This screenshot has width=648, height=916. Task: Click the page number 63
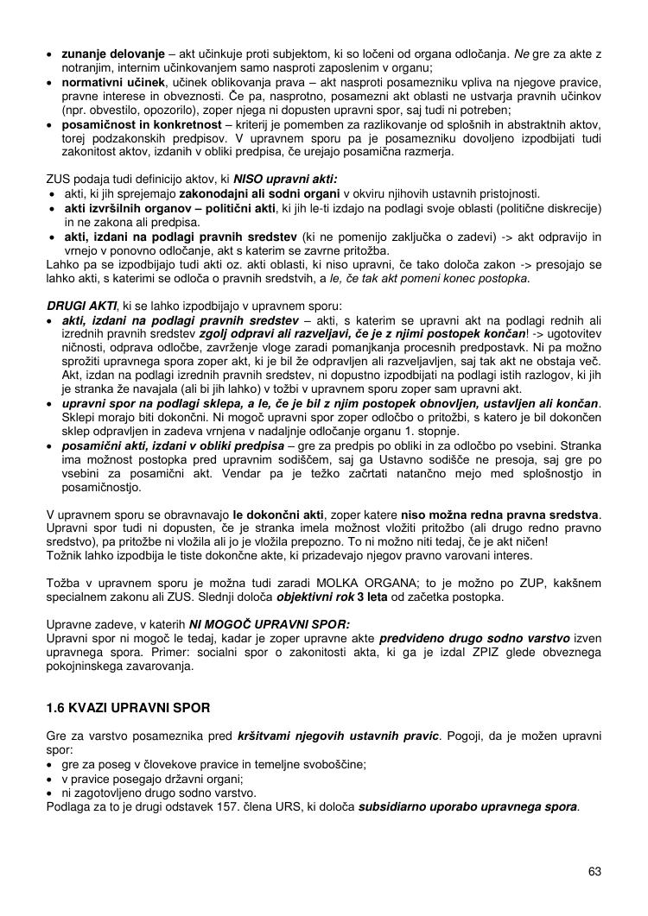point(594,870)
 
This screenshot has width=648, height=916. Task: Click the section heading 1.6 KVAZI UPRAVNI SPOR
point(128,709)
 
